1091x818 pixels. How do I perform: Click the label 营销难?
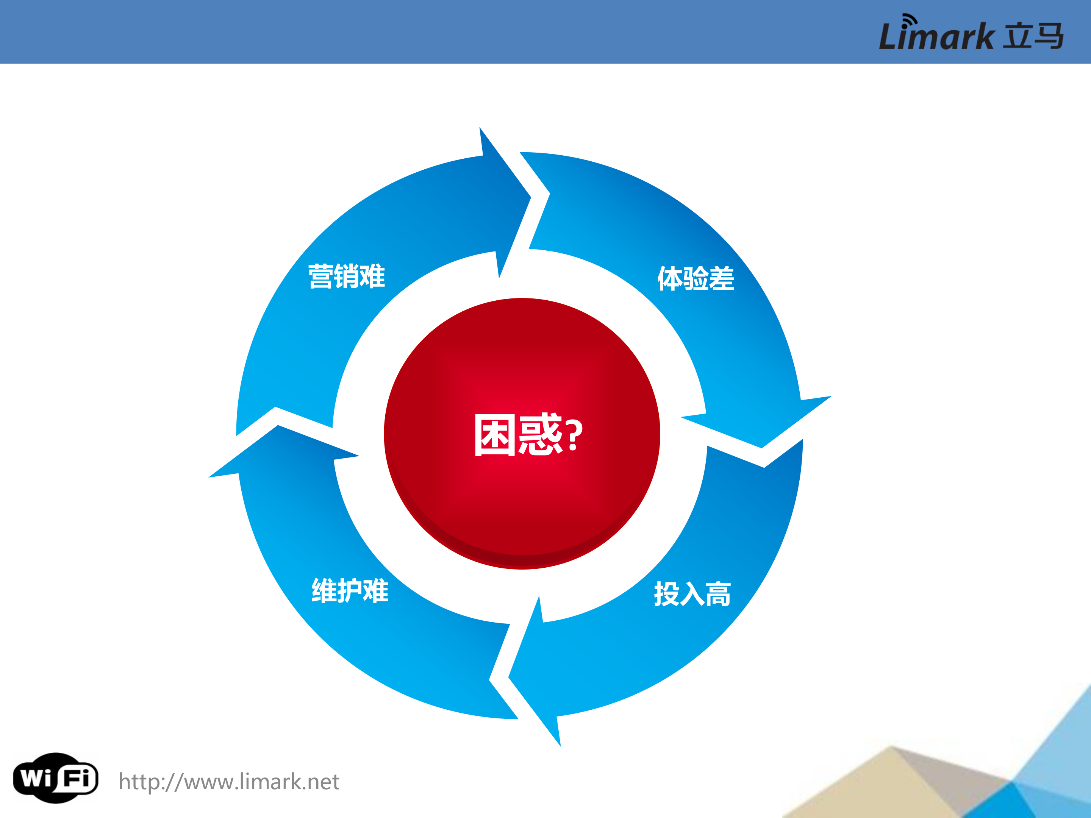coord(346,276)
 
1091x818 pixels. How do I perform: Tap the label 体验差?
coord(696,279)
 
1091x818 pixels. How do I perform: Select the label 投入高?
coord(692,594)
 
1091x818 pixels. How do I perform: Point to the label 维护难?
coord(350,590)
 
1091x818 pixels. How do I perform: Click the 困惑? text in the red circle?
coord(528,434)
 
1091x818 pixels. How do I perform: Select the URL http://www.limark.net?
coord(229,782)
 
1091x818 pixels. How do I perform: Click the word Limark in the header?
coord(936,36)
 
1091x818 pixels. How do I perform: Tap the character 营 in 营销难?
coord(320,276)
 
